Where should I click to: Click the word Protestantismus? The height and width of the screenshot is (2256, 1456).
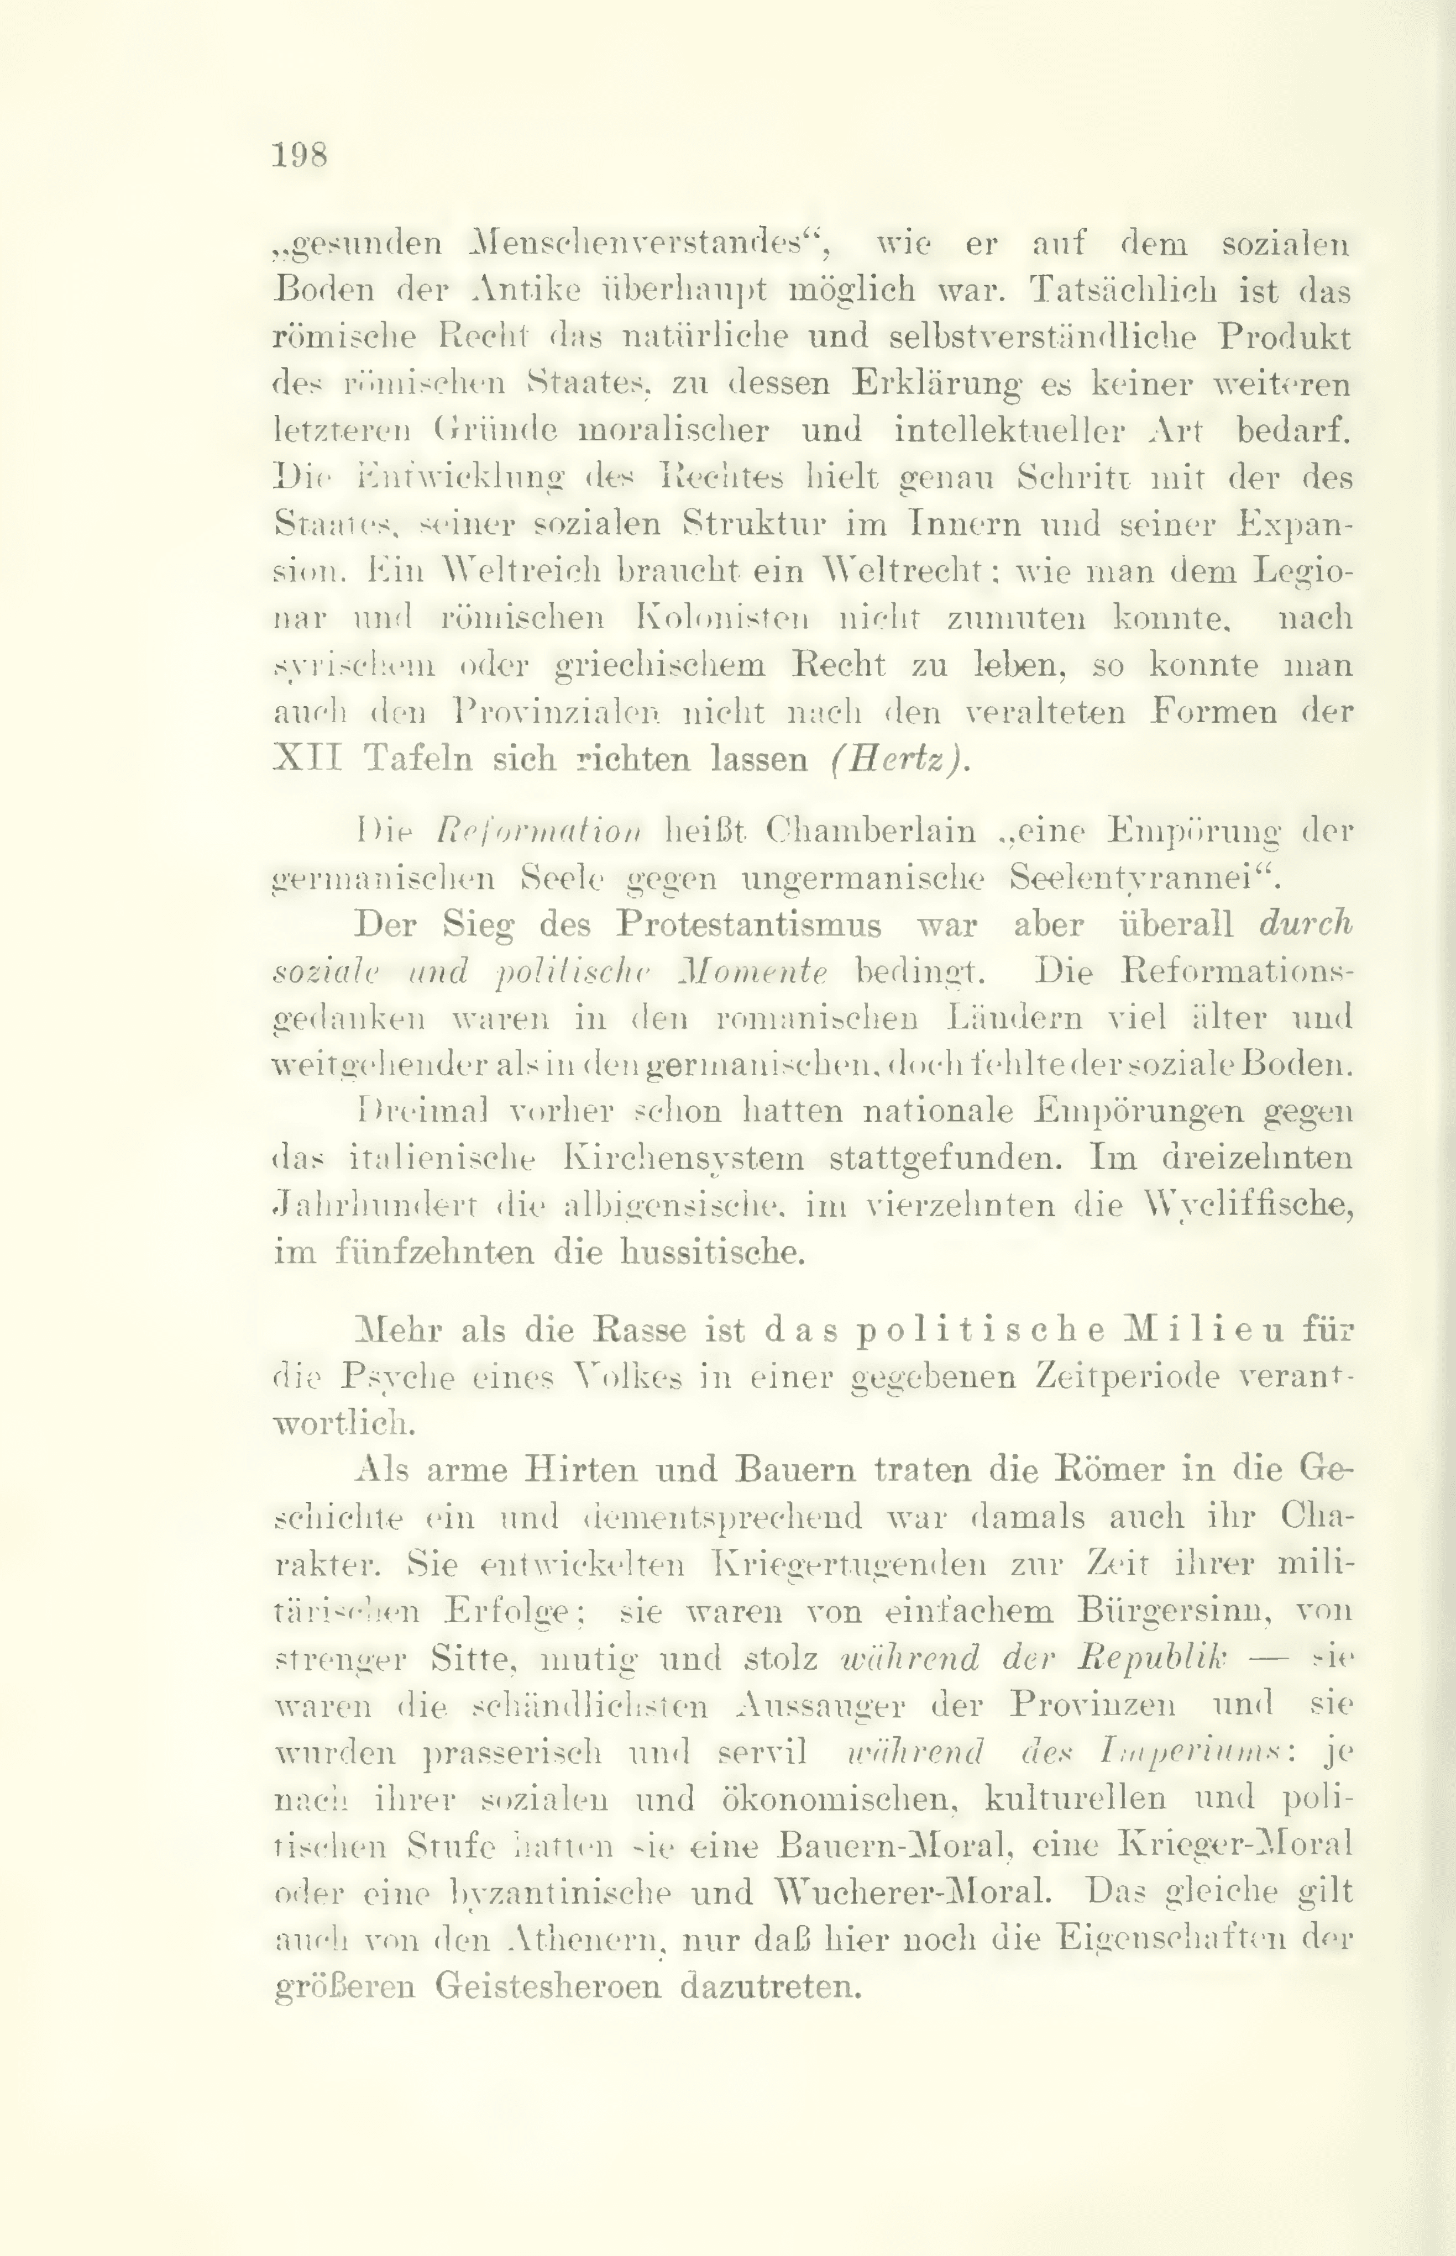click(748, 923)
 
